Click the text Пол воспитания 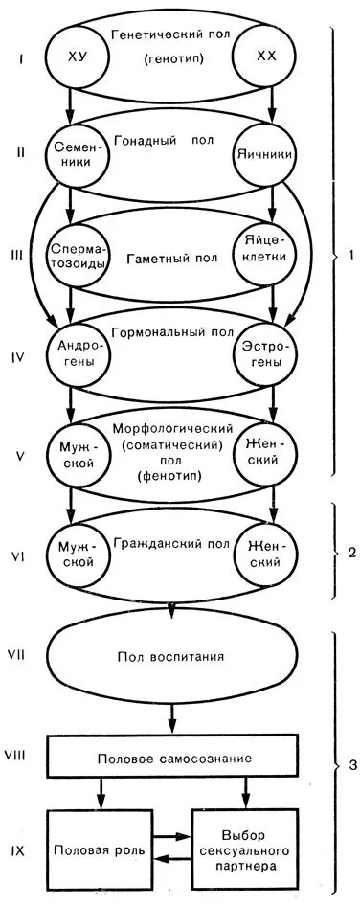[171, 657]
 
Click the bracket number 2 [351, 554]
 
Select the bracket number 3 [351, 763]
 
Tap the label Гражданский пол [169, 543]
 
